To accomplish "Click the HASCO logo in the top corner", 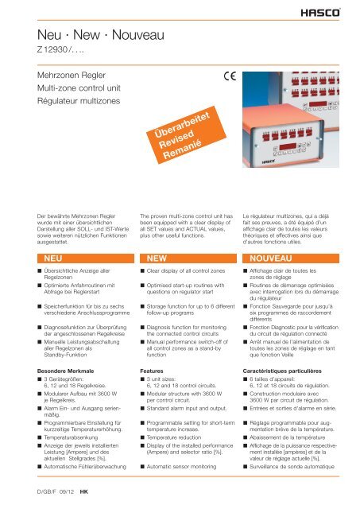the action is click(x=320, y=13).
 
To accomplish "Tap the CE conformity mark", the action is click(x=230, y=76).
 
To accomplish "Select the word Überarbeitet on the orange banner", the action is click(x=182, y=125).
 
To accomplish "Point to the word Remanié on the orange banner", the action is click(x=182, y=150).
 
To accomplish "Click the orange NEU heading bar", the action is click(x=86, y=258).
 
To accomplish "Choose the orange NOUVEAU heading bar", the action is click(x=291, y=258).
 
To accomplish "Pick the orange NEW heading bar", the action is click(x=188, y=258).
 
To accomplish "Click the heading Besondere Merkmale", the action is click(x=65, y=371).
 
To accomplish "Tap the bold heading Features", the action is click(x=152, y=371).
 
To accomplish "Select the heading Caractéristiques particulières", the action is click(x=282, y=371).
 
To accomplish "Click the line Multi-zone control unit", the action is click(x=79, y=88).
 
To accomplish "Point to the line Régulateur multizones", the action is click(x=79, y=101).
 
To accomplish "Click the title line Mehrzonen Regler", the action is click(x=72, y=76).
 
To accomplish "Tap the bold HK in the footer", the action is click(x=84, y=492).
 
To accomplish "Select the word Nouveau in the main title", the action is click(x=138, y=35).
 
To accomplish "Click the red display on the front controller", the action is click(x=288, y=146).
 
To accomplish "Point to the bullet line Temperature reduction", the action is click(x=174, y=437).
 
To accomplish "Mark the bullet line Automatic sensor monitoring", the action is click(x=181, y=467).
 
